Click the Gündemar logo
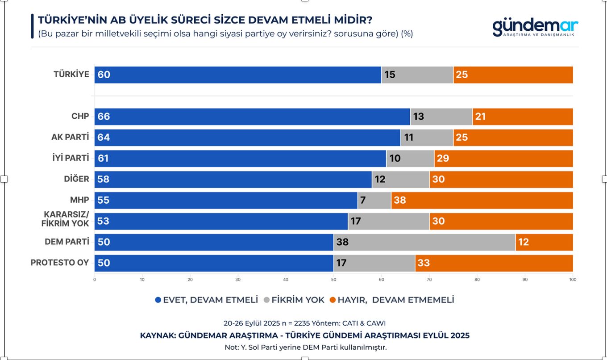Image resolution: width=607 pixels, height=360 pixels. pyautogui.click(x=535, y=27)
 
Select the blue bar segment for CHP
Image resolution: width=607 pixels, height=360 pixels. pyautogui.click(x=252, y=117)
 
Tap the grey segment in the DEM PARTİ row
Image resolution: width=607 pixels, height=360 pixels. pyautogui.click(x=424, y=242)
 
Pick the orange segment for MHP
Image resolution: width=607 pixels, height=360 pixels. pyautogui.click(x=482, y=200)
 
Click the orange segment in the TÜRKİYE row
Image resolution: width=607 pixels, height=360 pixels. pyautogui.click(x=513, y=75)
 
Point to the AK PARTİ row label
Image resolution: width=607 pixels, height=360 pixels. pyautogui.click(x=70, y=137)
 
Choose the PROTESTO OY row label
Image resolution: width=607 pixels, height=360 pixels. pyautogui.click(x=60, y=263)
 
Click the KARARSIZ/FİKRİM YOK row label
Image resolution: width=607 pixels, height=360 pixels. pyautogui.click(x=65, y=219)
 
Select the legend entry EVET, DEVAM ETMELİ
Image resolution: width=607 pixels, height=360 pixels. pyautogui.click(x=206, y=300)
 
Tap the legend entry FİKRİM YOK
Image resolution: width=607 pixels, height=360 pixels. pyautogui.click(x=294, y=300)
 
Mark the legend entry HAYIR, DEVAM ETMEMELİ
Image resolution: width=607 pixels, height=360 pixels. pyautogui.click(x=391, y=300)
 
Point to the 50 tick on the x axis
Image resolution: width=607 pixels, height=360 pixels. pyautogui.click(x=333, y=280)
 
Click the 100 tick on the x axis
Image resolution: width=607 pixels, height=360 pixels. pyautogui.click(x=573, y=280)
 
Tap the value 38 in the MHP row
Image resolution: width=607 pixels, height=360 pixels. pyautogui.click(x=400, y=200)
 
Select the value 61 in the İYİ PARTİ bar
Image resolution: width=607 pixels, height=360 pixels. pyautogui.click(x=103, y=159)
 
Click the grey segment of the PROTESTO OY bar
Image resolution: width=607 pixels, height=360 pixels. pyautogui.click(x=374, y=263)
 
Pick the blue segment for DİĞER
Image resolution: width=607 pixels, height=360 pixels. pyautogui.click(x=233, y=179)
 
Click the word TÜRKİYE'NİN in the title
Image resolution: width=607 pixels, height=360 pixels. pyautogui.click(x=66, y=20)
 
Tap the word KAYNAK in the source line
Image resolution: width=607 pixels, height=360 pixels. pyautogui.click(x=157, y=335)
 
